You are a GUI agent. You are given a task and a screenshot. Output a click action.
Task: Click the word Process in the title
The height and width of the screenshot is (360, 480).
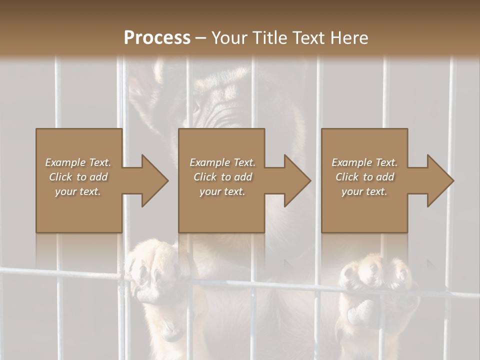click(157, 37)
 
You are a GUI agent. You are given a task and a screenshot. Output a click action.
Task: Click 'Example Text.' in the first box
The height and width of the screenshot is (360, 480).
click(78, 162)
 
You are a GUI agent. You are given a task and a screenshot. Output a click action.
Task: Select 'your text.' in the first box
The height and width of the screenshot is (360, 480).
click(78, 191)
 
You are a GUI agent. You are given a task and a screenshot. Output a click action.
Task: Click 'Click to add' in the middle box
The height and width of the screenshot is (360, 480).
click(222, 177)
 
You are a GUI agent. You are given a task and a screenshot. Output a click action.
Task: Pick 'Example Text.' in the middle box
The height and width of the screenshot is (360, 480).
click(222, 162)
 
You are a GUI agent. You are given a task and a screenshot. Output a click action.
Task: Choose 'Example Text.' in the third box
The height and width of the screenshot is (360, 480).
click(364, 162)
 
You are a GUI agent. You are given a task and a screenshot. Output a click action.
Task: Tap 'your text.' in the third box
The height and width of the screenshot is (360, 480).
click(364, 191)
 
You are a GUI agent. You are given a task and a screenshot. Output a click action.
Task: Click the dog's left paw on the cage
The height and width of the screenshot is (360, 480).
click(152, 270)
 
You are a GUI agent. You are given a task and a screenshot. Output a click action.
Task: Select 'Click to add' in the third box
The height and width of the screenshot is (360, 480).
click(364, 177)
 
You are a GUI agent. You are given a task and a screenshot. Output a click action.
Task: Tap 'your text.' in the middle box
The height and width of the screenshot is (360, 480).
click(222, 191)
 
